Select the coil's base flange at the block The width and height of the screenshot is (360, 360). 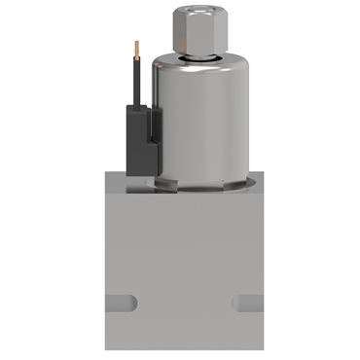[203, 184]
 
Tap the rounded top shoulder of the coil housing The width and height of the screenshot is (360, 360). [203, 70]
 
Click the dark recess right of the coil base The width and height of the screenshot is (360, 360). [255, 181]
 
